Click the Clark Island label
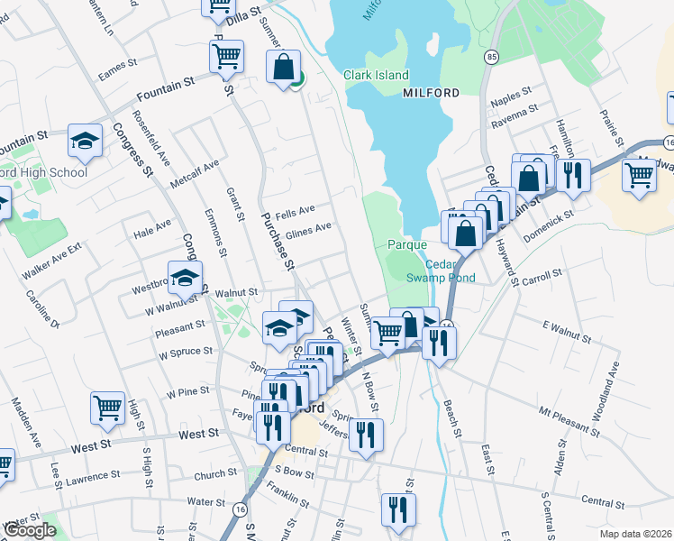point(376,76)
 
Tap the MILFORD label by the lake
point(431,93)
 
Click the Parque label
point(406,244)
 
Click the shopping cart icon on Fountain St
point(226,56)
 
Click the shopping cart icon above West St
point(107,408)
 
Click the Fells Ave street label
point(296,209)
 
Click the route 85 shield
point(491,58)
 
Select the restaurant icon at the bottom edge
point(397,509)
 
